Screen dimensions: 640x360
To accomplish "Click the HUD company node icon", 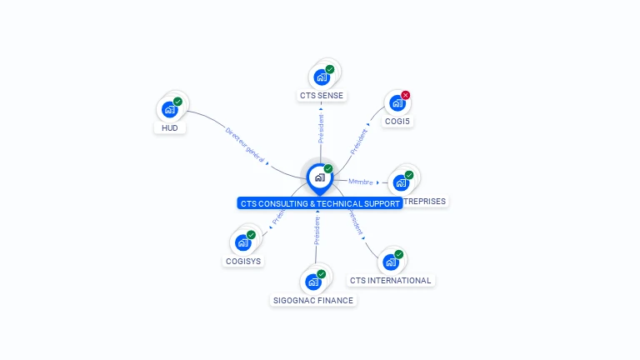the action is (170, 109).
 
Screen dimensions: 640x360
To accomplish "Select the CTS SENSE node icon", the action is (321, 77).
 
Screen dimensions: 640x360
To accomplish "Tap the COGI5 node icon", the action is (397, 103).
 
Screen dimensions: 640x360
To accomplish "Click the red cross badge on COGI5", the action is (406, 95).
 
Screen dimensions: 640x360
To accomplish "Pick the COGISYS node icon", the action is (242, 242).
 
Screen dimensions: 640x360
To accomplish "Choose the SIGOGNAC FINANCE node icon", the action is (313, 282).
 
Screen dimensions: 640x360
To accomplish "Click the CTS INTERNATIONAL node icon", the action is (390, 262).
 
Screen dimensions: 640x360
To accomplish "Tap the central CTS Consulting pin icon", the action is (319, 177).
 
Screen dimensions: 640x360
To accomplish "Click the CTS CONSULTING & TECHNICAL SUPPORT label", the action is (320, 203).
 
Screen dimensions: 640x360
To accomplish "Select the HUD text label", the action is (170, 128).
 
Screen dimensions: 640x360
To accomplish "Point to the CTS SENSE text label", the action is (322, 96).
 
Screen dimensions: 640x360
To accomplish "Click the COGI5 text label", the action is (397, 122).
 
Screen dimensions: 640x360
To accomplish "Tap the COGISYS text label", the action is (243, 261).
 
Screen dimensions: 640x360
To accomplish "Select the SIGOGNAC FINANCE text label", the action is (313, 301).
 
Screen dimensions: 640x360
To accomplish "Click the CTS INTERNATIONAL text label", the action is (391, 281).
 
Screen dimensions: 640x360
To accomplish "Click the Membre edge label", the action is (361, 182).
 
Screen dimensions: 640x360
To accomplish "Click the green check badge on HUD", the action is (178, 102).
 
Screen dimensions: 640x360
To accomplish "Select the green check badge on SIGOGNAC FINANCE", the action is (322, 274).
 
